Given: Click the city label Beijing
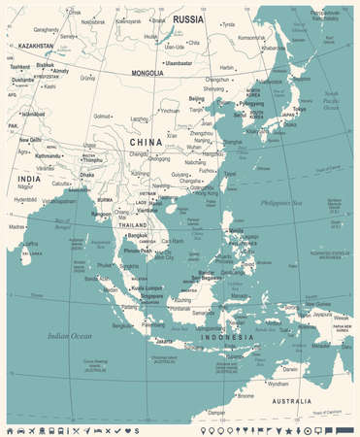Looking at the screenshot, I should pyautogui.click(x=197, y=98).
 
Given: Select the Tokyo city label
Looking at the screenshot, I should pyautogui.click(x=298, y=109).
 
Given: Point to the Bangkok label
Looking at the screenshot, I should pyautogui.click(x=136, y=234).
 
